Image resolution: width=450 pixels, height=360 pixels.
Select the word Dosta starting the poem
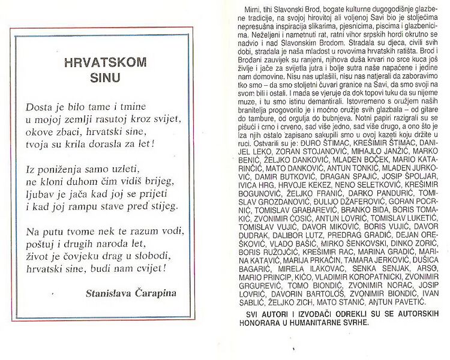(x=38, y=107)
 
